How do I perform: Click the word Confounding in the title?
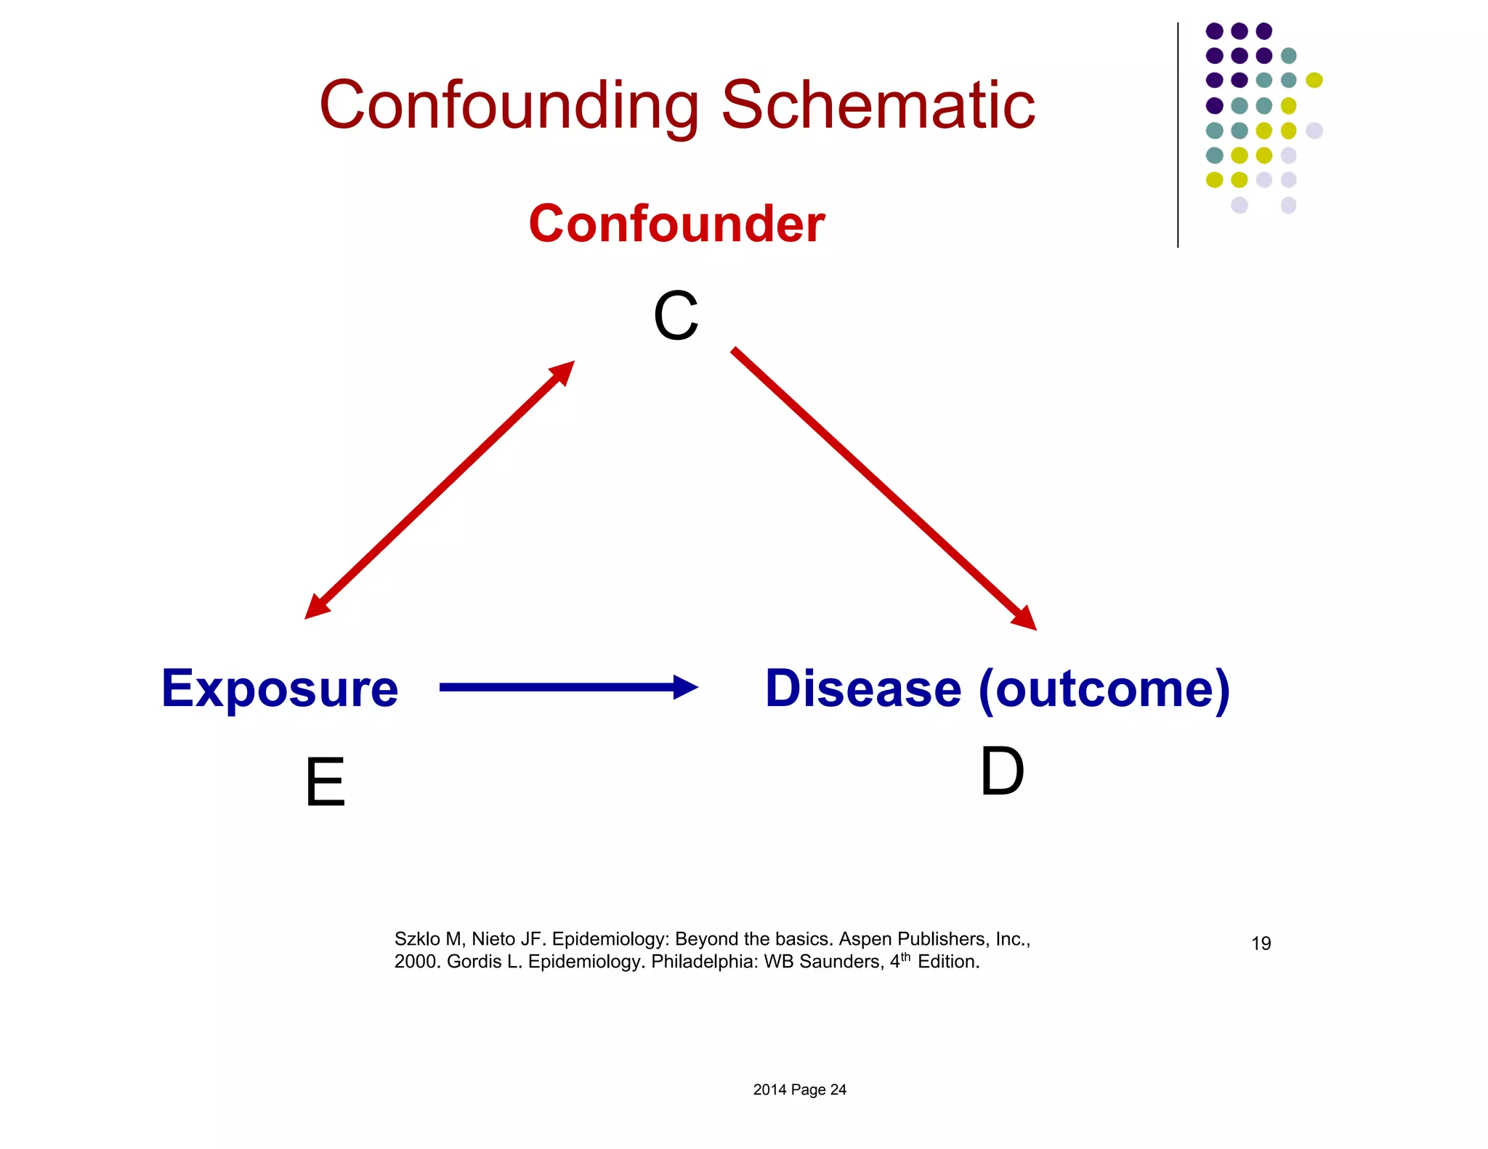[509, 106]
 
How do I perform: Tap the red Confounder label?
[676, 224]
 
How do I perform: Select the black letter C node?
[676, 316]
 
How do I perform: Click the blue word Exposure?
[280, 689]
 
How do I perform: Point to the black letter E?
[325, 782]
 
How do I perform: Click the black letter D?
[1002, 772]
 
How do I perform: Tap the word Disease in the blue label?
[863, 689]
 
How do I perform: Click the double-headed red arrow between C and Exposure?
[439, 490]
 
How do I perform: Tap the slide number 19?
[1261, 943]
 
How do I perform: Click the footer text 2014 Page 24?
[799, 1089]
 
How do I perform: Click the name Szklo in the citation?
[417, 939]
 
